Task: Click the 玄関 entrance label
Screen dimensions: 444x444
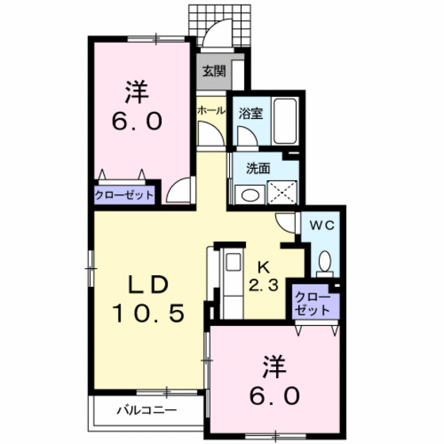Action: pyautogui.click(x=213, y=71)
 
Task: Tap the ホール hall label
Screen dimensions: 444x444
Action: pyautogui.click(x=211, y=110)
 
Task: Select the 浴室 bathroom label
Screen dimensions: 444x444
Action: pyautogui.click(x=251, y=113)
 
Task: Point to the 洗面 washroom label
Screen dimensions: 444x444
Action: pyautogui.click(x=258, y=167)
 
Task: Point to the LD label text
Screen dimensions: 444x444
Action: pyautogui.click(x=148, y=285)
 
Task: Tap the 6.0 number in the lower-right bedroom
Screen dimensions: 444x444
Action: pyautogui.click(x=277, y=394)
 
